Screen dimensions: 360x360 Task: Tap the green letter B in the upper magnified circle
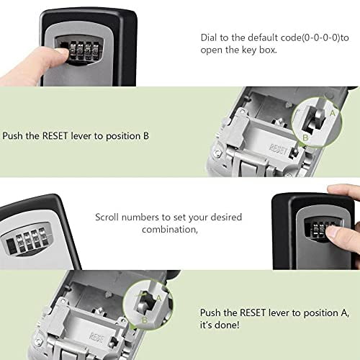pyautogui.click(x=305, y=137)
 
